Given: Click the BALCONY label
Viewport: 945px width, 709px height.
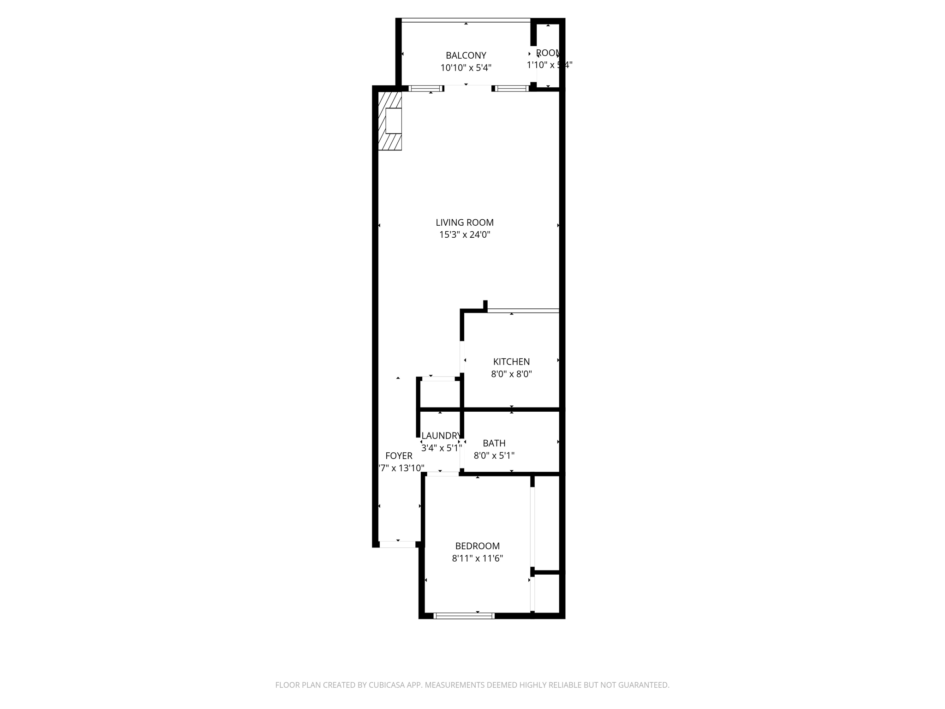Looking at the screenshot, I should [x=466, y=55].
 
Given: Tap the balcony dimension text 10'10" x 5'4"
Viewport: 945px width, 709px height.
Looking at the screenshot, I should [x=466, y=68].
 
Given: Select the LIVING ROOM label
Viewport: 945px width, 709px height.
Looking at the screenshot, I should [x=464, y=222].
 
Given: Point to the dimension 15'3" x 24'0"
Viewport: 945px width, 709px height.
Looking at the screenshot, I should [x=464, y=234].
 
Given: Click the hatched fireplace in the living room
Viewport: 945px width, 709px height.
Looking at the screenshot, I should [x=390, y=120].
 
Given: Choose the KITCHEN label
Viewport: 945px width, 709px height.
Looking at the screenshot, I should [x=511, y=362].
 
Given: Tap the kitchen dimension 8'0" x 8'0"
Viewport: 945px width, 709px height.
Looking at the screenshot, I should [x=511, y=374].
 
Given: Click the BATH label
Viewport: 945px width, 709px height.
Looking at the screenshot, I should [x=494, y=443].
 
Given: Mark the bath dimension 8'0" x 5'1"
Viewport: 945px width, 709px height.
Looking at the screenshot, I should [x=494, y=456].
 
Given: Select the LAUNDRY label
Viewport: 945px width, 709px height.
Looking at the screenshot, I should [x=441, y=436].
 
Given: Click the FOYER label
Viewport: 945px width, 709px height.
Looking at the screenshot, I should [x=399, y=456].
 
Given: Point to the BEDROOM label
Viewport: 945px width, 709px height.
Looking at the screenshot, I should [x=477, y=546].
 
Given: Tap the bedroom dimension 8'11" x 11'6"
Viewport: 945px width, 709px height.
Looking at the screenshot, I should [x=477, y=559].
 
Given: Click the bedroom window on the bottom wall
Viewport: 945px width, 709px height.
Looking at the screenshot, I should [x=464, y=615].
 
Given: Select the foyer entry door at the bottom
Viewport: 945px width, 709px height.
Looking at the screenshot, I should [x=397, y=544].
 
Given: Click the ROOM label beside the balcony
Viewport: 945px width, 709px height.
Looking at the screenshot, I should [x=548, y=53].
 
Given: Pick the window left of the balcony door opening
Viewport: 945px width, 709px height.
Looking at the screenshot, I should [x=425, y=89].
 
